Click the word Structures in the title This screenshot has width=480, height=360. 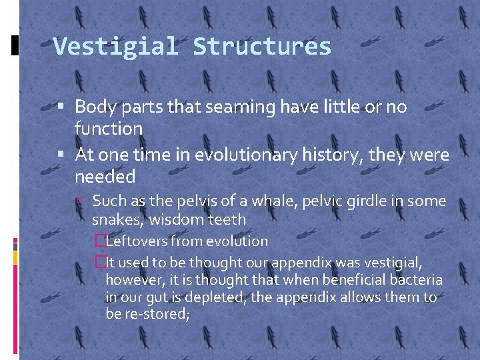tap(262, 47)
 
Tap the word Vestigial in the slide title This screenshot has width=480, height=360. tap(115, 47)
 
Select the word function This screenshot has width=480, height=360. tap(109, 128)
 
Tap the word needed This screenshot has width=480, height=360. tap(105, 177)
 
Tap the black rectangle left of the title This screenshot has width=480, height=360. tap(15, 45)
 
